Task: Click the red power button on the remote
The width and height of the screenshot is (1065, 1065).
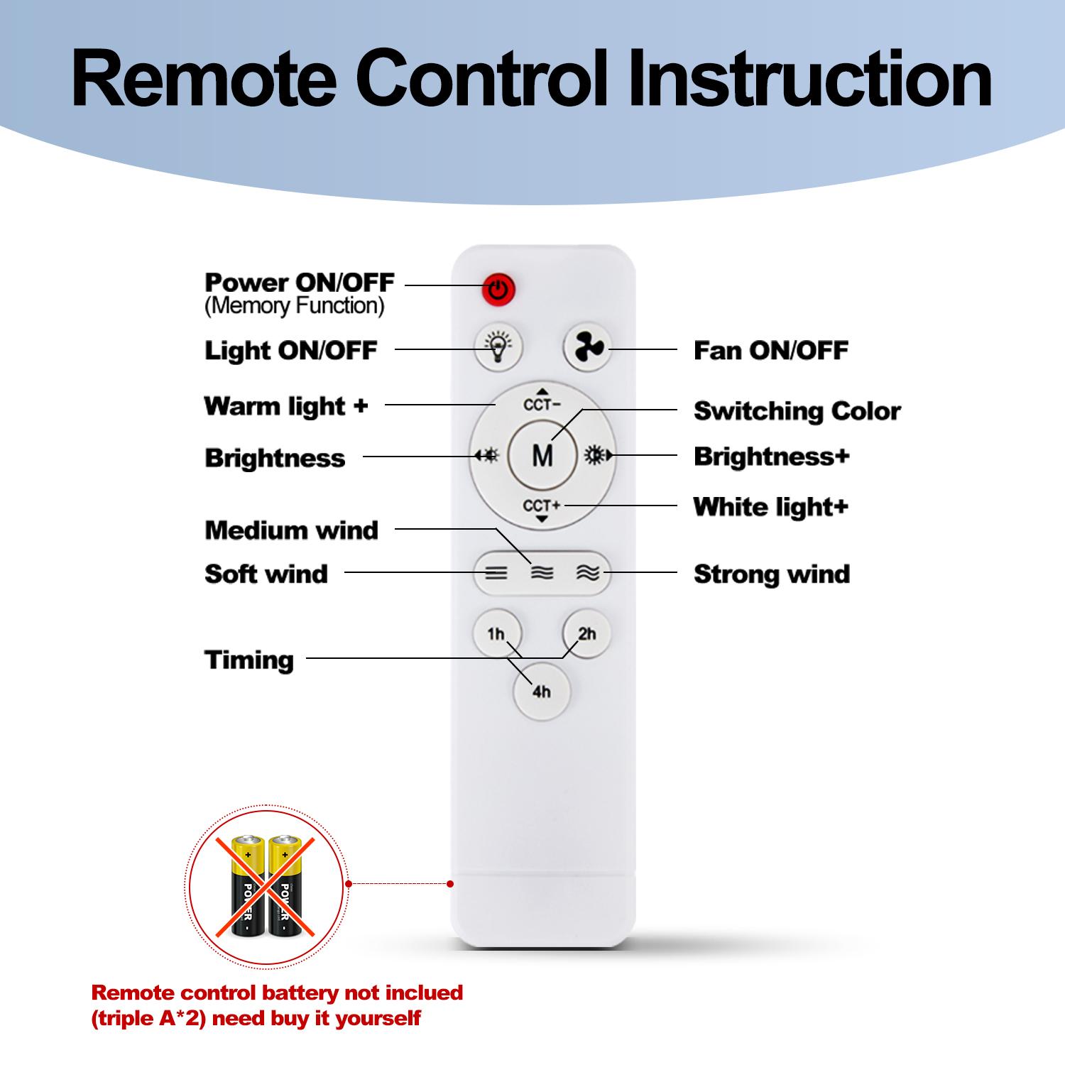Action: (x=498, y=289)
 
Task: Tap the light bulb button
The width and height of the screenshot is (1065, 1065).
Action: (x=498, y=348)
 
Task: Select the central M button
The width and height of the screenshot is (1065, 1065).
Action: (x=542, y=455)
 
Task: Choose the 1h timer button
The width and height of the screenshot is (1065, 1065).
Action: (x=496, y=633)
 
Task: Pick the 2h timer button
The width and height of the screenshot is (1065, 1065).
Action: (x=586, y=633)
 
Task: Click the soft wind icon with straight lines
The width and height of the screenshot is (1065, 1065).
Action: (x=496, y=573)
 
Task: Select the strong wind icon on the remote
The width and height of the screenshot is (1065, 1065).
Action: (x=588, y=573)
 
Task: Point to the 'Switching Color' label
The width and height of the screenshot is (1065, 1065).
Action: (x=797, y=411)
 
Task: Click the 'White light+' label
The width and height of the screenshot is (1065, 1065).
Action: (x=770, y=507)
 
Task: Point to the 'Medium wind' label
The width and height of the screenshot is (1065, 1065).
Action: (x=291, y=530)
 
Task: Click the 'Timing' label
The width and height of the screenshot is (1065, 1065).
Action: (x=248, y=660)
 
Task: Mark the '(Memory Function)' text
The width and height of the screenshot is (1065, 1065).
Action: (x=294, y=306)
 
